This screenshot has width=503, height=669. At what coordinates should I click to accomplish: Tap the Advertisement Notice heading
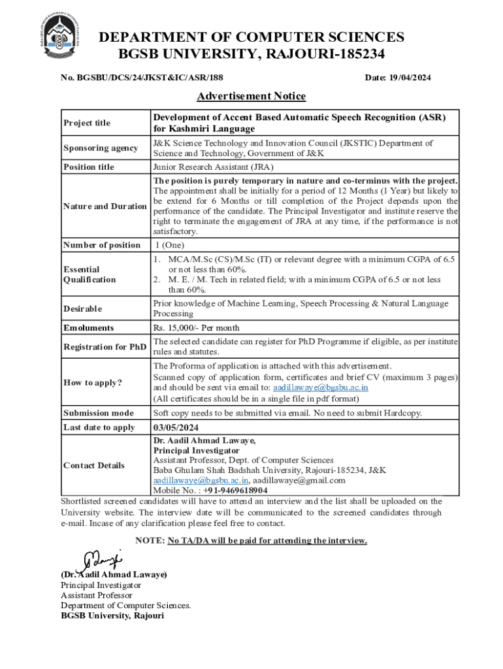(x=251, y=97)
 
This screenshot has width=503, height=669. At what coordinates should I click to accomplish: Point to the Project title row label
(x=87, y=123)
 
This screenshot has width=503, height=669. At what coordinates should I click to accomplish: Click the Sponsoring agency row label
(x=100, y=148)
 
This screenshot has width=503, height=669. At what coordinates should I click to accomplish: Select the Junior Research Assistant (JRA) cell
(x=213, y=167)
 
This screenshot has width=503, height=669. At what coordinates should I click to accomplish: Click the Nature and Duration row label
(x=105, y=206)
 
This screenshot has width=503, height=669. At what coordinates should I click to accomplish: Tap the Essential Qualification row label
(x=89, y=274)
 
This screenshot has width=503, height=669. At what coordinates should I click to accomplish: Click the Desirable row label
(x=83, y=308)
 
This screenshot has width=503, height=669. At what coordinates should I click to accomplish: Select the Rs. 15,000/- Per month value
(x=196, y=328)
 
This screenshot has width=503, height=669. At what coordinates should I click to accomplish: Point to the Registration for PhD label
(x=105, y=347)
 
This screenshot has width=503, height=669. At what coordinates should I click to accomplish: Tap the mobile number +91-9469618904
(x=225, y=490)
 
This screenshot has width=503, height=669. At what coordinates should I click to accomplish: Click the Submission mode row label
(x=98, y=413)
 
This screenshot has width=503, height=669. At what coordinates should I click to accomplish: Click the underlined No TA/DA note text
(x=267, y=541)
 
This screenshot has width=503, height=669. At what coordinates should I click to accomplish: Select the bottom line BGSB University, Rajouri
(x=112, y=615)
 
